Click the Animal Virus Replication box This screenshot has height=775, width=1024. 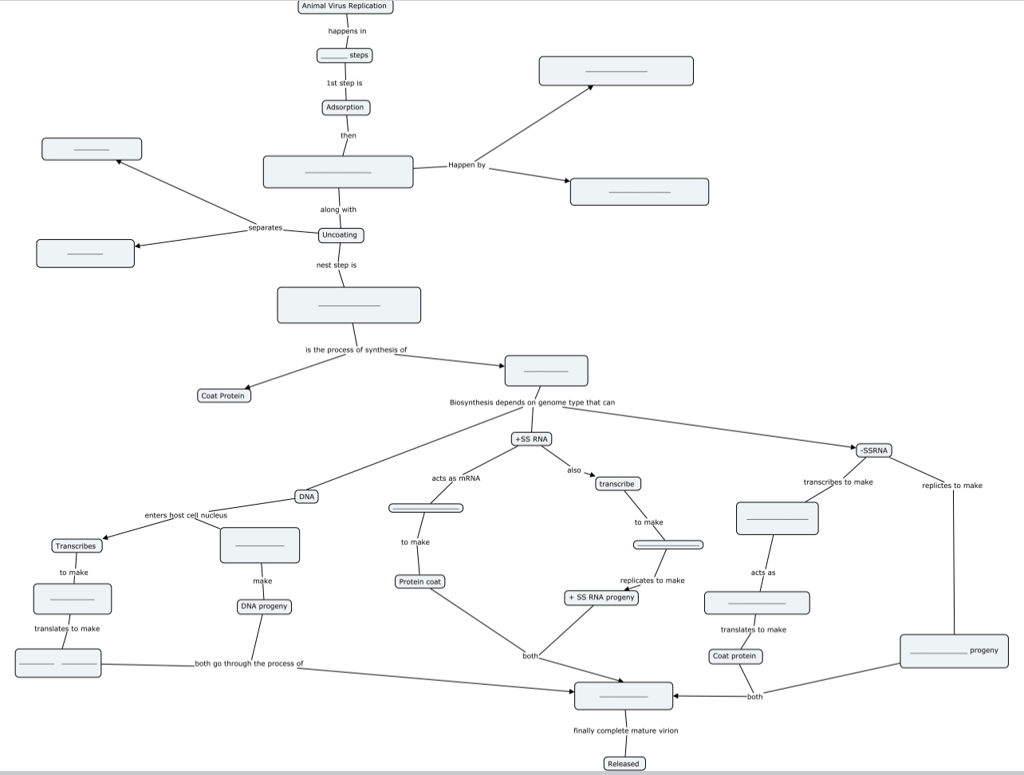coord(345,6)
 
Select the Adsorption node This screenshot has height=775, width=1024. coord(345,108)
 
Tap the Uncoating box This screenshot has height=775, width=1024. coord(341,235)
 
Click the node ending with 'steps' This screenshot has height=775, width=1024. coord(345,56)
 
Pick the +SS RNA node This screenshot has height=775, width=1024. coord(531,439)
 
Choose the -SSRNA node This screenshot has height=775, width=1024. coord(874,450)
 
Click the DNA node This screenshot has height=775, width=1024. coord(306,497)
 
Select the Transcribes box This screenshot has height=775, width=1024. coord(76,546)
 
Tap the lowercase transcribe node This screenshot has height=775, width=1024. coord(617,484)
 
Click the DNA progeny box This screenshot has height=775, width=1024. coord(264,607)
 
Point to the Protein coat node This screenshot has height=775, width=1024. coord(420,582)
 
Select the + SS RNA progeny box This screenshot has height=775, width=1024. coord(601,598)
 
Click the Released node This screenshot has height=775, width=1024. coord(624,764)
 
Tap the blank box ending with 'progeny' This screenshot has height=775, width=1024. coord(953,651)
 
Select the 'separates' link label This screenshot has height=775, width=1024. coord(266,228)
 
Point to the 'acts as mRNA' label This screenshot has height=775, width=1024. coord(455,478)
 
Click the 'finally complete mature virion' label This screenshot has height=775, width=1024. coord(625,730)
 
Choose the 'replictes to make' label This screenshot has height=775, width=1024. coord(951,486)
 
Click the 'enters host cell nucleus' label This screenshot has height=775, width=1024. coord(186,515)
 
